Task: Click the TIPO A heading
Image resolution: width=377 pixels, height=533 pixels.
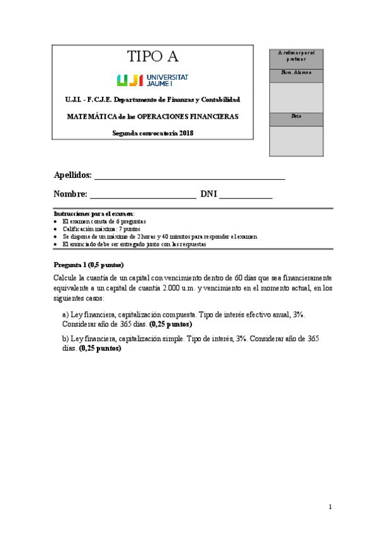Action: tap(153, 57)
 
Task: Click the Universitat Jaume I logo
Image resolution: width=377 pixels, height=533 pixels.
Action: tap(152, 80)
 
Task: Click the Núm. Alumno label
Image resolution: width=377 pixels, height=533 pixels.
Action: tap(296, 73)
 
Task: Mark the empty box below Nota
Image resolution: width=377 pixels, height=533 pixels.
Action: tap(296, 141)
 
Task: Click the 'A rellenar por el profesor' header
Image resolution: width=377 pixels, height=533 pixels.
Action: tap(296, 56)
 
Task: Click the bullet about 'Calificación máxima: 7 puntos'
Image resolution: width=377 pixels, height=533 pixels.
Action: tap(101, 229)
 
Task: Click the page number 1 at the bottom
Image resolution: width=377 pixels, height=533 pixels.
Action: tap(330, 507)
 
